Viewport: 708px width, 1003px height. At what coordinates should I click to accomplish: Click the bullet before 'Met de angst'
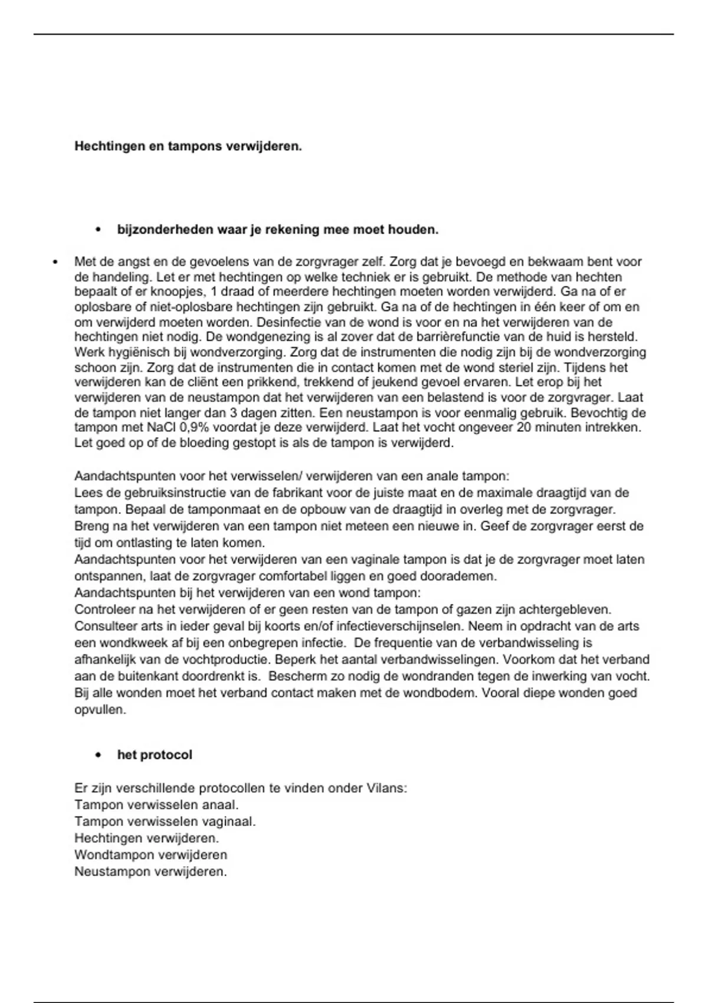point(54,261)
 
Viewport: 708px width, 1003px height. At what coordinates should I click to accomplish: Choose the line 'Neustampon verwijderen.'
point(150,871)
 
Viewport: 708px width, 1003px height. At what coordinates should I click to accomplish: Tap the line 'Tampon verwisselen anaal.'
point(156,805)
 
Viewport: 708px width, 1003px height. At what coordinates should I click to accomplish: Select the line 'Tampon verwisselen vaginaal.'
point(165,821)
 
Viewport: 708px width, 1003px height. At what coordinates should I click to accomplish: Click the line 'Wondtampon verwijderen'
point(150,855)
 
